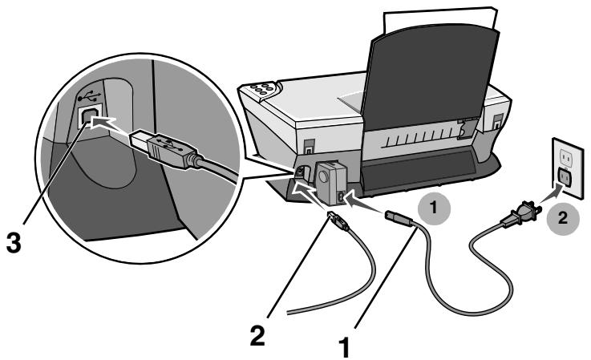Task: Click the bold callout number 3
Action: pyautogui.click(x=14, y=242)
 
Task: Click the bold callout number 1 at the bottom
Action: pyautogui.click(x=345, y=347)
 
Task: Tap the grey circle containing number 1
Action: pyautogui.click(x=434, y=208)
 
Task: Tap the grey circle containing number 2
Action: pyautogui.click(x=562, y=218)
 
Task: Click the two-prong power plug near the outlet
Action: pyautogui.click(x=520, y=216)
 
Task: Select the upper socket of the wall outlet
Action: pyautogui.click(x=566, y=156)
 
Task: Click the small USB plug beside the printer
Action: pyautogui.click(x=338, y=221)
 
